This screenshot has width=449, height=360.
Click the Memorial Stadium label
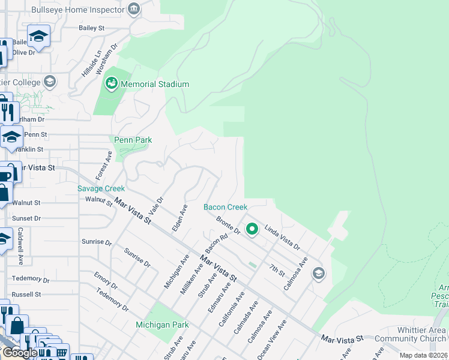point(155,85)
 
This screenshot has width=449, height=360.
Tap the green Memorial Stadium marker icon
point(112,85)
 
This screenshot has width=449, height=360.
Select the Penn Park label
point(133,140)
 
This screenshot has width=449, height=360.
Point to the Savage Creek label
point(101,188)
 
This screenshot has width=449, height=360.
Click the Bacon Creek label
point(225,207)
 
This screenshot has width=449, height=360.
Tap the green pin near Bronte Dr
point(253,229)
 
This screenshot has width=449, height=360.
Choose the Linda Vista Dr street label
point(282,238)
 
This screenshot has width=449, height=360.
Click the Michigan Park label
point(162,325)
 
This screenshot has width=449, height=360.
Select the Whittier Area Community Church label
point(411,335)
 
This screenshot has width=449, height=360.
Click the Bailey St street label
point(91,28)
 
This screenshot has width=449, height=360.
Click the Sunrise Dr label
point(96,242)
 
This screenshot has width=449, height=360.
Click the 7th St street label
point(277,270)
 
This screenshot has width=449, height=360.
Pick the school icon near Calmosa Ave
point(318,274)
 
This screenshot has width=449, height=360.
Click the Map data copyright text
point(424,355)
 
